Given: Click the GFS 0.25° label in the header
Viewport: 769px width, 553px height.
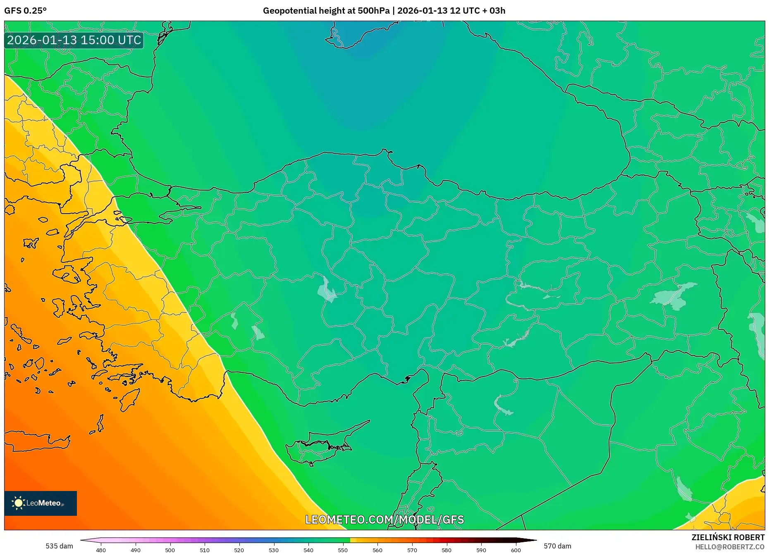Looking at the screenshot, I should pos(25,11).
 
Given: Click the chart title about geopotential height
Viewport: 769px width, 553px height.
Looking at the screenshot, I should pos(384,11).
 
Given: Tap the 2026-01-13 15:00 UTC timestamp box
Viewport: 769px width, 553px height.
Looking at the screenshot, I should pos(74,41).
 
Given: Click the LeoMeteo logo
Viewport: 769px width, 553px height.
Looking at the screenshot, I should pos(41,503).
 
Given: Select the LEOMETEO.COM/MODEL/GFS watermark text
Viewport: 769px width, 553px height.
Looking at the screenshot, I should pos(384,520).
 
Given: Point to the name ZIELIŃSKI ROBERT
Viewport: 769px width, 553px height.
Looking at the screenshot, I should pos(728,537).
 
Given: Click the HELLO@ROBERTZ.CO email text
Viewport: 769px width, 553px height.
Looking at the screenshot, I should pos(729,547).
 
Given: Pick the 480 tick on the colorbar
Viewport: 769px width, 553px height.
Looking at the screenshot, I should pos(101,550).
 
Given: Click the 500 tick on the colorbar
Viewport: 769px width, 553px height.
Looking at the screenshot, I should pos(170,550).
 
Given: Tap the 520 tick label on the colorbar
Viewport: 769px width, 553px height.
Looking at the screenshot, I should pos(239,550).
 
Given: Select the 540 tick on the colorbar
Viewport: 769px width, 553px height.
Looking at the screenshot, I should pos(308,550).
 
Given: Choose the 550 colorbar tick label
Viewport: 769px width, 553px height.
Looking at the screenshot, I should pos(343,550).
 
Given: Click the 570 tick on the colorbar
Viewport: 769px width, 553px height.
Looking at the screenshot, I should pos(412,550).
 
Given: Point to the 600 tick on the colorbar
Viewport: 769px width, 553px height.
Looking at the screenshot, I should pos(516,550).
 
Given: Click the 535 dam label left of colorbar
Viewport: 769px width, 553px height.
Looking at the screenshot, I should pos(59,546).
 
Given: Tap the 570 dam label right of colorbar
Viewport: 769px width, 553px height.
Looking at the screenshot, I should pos(557,546).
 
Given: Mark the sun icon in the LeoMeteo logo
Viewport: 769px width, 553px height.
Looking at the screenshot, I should pos(18,503).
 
